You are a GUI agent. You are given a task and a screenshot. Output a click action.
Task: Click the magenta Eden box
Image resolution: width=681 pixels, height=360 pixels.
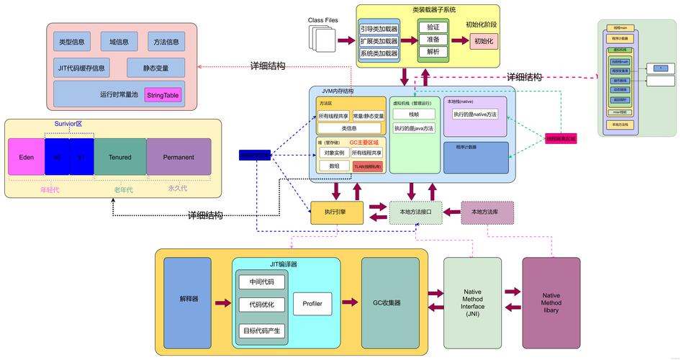(26, 157)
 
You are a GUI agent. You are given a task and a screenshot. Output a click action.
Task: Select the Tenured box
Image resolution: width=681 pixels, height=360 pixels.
(119, 157)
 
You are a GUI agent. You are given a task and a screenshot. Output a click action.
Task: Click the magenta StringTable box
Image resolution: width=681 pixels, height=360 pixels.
(163, 95)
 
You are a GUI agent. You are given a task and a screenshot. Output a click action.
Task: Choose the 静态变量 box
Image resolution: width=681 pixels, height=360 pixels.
(155, 68)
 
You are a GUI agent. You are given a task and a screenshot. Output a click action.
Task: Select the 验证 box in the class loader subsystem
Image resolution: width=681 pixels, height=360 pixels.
(433, 27)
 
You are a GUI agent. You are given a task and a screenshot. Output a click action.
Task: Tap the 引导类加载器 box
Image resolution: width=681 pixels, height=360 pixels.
(379, 30)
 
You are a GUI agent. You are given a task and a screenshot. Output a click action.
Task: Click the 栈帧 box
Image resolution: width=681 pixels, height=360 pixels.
(414, 114)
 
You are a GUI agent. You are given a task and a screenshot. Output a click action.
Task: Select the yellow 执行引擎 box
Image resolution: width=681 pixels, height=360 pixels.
(335, 212)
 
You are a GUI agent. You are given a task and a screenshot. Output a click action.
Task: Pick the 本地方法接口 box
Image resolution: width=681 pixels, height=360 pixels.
(415, 212)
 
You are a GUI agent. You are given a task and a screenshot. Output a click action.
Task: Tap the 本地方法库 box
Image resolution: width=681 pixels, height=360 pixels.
(487, 212)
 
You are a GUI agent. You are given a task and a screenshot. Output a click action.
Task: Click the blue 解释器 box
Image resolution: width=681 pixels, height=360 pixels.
(187, 298)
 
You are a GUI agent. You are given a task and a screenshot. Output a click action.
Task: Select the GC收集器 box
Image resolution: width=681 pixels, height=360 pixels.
(390, 302)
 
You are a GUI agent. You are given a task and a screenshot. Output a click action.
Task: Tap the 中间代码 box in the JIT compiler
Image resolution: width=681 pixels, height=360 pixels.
(262, 282)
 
